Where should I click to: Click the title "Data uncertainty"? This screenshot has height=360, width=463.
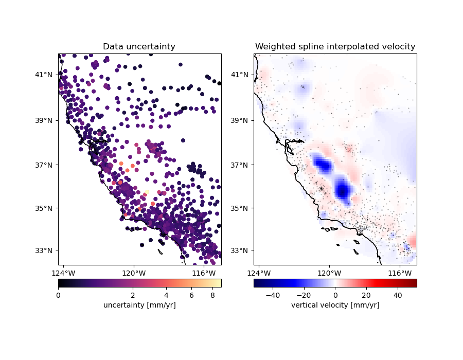pos(139,47)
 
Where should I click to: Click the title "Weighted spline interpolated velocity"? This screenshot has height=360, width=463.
pos(335,47)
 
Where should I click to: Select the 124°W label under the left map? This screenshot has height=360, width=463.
pos(64,273)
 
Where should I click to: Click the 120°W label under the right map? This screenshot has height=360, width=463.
pos(329,273)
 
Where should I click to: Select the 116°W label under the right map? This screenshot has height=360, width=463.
pos(399,273)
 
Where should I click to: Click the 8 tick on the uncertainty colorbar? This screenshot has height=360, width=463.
pos(212,295)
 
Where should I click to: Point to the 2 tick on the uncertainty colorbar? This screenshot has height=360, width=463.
pos(133,295)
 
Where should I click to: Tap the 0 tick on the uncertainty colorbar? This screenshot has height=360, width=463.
pos(58,295)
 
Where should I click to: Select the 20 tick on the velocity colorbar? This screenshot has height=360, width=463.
pos(366,295)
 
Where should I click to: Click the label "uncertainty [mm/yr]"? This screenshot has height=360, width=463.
pos(139,305)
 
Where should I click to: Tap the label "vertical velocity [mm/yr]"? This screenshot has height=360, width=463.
pos(335,305)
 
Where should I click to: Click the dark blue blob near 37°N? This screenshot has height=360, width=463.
pos(323,165)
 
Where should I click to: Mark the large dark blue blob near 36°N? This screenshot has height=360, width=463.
pos(343,190)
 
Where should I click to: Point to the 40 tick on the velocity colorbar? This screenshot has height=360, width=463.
pos(398,295)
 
